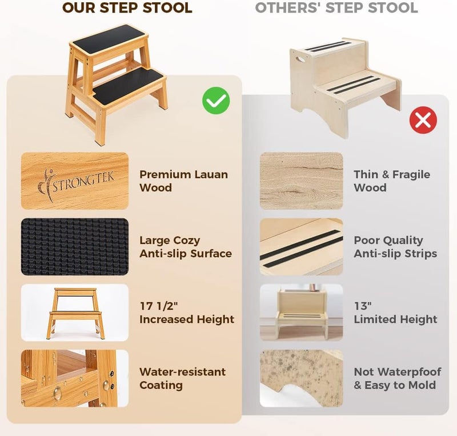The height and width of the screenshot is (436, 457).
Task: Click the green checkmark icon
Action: [x=216, y=101]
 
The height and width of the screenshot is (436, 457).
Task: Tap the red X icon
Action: [x=423, y=120]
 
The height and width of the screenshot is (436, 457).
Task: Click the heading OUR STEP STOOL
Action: [x=127, y=9]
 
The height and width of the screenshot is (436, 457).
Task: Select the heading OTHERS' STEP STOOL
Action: [x=336, y=9]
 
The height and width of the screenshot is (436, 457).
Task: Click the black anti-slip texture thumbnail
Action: [x=75, y=247]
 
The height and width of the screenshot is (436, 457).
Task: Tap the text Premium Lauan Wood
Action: [x=183, y=181]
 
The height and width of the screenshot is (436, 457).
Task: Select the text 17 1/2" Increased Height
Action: [x=187, y=313]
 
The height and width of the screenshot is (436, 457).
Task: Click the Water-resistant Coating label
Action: [x=182, y=378]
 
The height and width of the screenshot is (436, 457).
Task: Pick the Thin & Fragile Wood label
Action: [x=392, y=181]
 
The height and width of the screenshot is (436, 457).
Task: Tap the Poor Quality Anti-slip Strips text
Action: [x=396, y=247]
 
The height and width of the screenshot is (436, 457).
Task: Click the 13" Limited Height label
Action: [x=395, y=313]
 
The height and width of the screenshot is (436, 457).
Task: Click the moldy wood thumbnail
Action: [x=302, y=378]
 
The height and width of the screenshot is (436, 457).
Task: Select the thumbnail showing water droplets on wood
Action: [x=75, y=378]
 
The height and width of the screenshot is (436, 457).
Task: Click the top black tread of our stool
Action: [x=107, y=37]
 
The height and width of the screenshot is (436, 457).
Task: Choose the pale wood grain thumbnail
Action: [x=302, y=181]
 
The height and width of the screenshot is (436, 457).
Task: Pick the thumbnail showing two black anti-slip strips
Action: [x=302, y=247]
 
